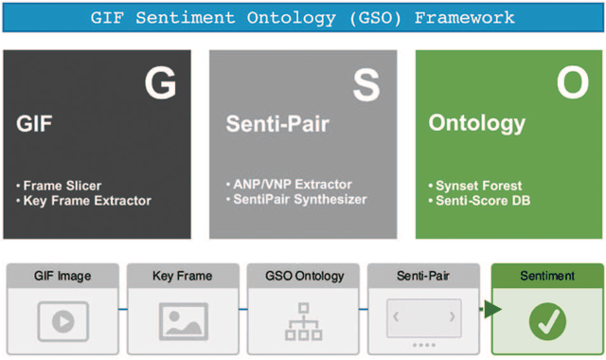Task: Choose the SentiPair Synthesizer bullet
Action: point(296,199)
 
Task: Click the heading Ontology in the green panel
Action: point(476,124)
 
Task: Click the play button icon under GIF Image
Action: point(62,320)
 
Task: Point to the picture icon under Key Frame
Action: point(184,321)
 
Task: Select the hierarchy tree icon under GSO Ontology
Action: point(304,322)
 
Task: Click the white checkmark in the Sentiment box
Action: point(546,322)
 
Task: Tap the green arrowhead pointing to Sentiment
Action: point(491,309)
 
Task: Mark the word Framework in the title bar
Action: point(469,17)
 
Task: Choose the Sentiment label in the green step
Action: point(546,276)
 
